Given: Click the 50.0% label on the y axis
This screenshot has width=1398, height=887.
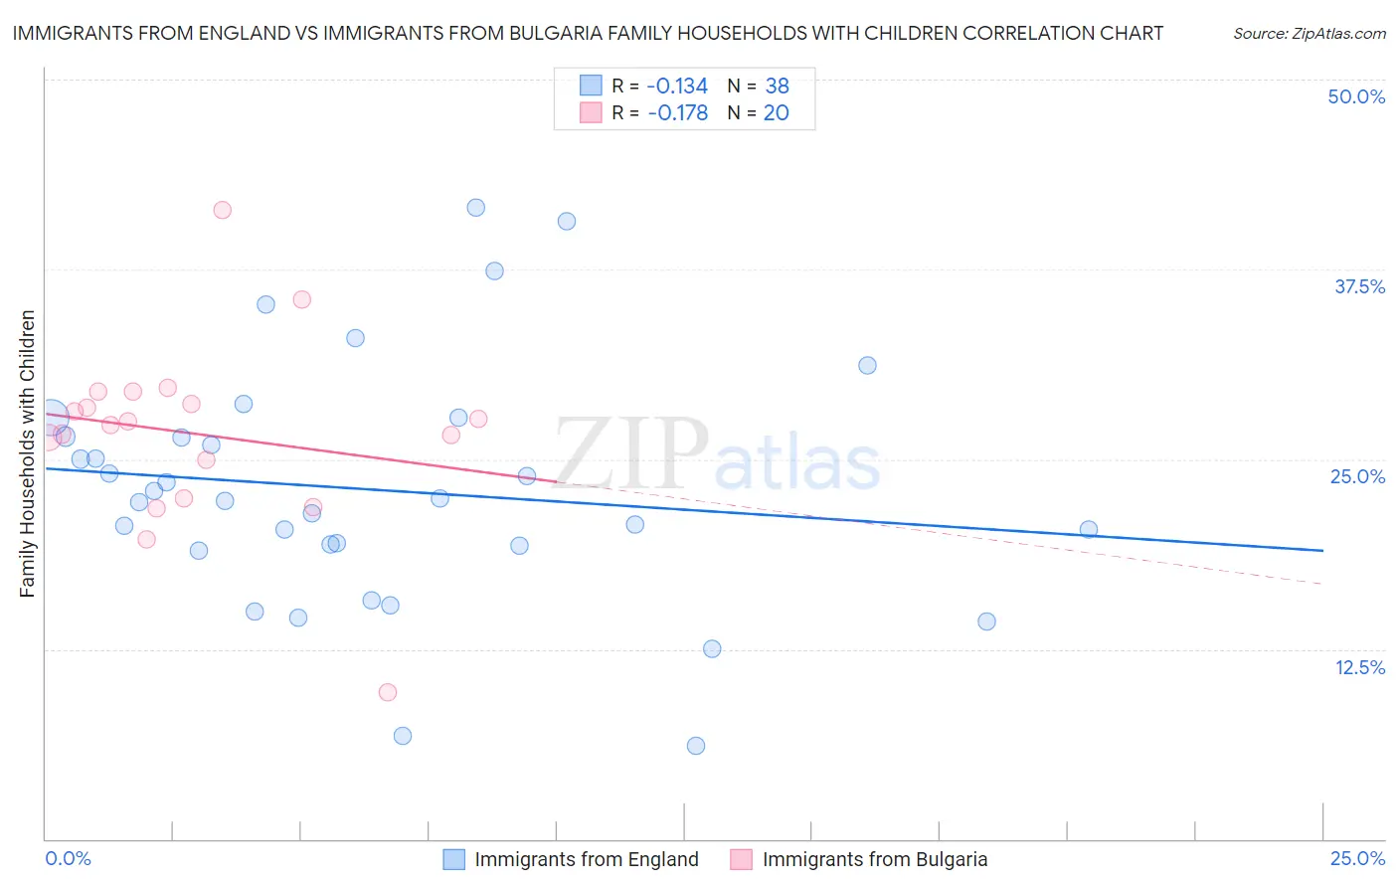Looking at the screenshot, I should point(1356,96).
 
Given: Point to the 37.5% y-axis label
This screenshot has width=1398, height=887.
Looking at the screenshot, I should point(1359,286).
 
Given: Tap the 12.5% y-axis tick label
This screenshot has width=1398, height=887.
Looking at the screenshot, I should point(1359,667).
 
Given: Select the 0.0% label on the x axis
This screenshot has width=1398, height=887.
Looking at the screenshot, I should point(68,859).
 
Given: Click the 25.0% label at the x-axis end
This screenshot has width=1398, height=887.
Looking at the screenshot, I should point(1357,859).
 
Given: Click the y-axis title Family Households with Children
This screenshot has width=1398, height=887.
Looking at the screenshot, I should point(27,453).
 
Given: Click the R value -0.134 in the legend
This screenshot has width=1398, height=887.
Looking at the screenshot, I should point(678,86).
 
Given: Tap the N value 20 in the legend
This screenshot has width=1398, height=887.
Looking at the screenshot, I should point(776,113).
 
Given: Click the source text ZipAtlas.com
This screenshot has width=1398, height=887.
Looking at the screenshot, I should point(1309,34).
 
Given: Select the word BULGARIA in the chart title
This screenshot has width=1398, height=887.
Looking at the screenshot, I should point(575,34).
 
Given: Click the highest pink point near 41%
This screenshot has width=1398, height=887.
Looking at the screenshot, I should point(223,210).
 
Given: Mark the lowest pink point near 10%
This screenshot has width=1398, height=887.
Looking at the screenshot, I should point(388,692).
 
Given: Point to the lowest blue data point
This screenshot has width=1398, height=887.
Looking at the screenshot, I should point(696,746).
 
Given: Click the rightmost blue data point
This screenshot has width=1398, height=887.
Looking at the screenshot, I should point(1089,529).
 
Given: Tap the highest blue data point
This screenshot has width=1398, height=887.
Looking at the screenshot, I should point(476,208).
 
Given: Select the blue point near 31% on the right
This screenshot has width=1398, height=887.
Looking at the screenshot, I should point(867,365).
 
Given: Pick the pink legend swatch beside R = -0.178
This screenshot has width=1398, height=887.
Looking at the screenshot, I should point(591,113).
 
